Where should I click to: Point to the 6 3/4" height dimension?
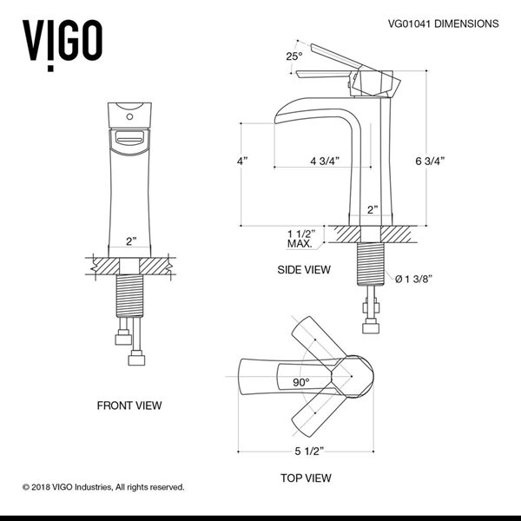click(x=431, y=161)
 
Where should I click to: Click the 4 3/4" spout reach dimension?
click(x=324, y=161)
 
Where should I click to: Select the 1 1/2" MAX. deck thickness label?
click(x=300, y=238)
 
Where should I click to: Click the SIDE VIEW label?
click(x=304, y=270)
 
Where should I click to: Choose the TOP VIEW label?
click(x=305, y=478)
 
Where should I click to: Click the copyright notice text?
click(x=103, y=487)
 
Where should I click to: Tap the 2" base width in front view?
click(x=131, y=241)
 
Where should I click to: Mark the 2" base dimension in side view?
click(x=373, y=209)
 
